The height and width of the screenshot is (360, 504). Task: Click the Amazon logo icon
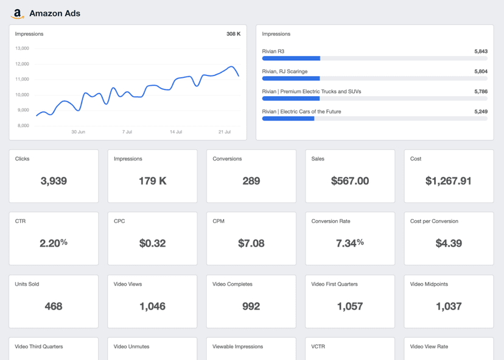(x=18, y=13)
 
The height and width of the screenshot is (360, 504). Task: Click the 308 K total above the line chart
(x=233, y=34)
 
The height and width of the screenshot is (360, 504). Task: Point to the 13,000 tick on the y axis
(x=22, y=49)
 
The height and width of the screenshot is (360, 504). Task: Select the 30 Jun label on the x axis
(x=78, y=131)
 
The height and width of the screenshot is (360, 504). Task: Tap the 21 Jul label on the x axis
(x=225, y=131)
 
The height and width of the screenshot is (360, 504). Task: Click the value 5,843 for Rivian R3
(x=480, y=52)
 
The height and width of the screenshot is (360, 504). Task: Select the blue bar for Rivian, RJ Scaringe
(x=291, y=78)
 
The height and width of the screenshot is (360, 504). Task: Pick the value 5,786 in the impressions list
(x=480, y=92)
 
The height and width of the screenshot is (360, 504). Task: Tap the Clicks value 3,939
(x=54, y=181)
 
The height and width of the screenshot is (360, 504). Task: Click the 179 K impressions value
(x=152, y=181)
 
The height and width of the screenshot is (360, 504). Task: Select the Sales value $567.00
(x=350, y=181)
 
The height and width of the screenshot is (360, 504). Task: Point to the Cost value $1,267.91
(x=449, y=181)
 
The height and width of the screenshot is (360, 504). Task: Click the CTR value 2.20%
(x=54, y=243)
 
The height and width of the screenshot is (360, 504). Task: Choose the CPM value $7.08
(x=251, y=243)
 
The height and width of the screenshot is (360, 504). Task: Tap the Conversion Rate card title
(x=331, y=221)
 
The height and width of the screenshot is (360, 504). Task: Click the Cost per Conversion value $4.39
(x=449, y=243)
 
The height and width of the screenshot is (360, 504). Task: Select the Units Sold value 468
(x=54, y=306)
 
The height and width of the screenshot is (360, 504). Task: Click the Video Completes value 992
(x=251, y=306)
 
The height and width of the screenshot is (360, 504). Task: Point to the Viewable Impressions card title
(x=237, y=347)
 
